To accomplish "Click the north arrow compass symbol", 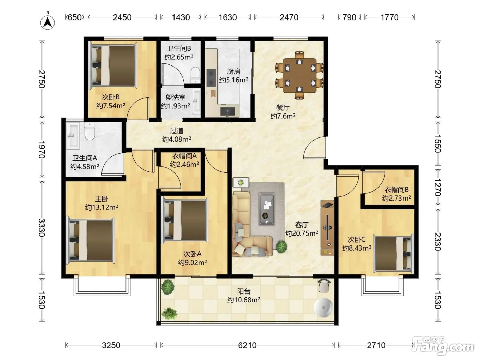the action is tap(47, 21).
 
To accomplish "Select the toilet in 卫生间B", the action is tap(195, 75).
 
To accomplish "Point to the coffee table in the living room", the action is tap(266, 209).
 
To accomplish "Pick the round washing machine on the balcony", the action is tap(323, 307).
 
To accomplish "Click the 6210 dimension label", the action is tap(247, 345).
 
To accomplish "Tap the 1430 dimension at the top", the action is tap(181, 17).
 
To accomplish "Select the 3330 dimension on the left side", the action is tap(41, 228).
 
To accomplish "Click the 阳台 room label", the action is tap(244, 291).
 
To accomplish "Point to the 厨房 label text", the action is tap(233, 71).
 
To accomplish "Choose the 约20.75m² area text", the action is tap(302, 233).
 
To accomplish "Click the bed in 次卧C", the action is tap(394, 253).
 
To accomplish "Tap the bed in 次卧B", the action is tap(113, 65).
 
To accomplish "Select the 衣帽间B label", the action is tap(396, 190).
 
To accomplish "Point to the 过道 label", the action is tap(177, 131).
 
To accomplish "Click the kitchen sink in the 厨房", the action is tap(228, 111).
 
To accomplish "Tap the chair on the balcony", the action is tap(324, 285).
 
